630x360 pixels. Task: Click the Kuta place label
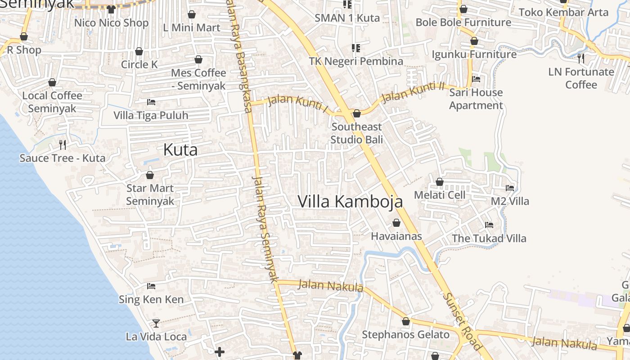point(180,150)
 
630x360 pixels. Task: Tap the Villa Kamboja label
point(350,202)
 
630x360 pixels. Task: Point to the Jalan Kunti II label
point(413,91)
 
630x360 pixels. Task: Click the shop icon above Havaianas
point(396,223)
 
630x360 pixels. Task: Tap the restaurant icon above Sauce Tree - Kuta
point(63,144)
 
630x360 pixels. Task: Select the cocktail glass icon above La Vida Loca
point(156,323)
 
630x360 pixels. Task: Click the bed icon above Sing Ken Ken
point(151,286)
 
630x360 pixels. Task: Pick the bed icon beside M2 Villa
point(510,188)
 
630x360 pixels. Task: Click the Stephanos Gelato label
point(405,335)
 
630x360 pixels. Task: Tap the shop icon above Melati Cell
point(440,182)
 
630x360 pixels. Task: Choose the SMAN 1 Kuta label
point(347,18)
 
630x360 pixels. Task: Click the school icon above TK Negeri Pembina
point(355,48)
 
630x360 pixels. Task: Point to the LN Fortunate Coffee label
point(581,78)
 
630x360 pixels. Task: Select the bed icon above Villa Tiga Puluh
point(151,102)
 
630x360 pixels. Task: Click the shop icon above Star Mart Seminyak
point(150,175)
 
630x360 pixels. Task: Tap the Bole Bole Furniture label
point(463,22)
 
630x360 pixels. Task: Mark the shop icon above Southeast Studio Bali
point(357,113)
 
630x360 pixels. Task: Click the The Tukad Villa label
point(489,238)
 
